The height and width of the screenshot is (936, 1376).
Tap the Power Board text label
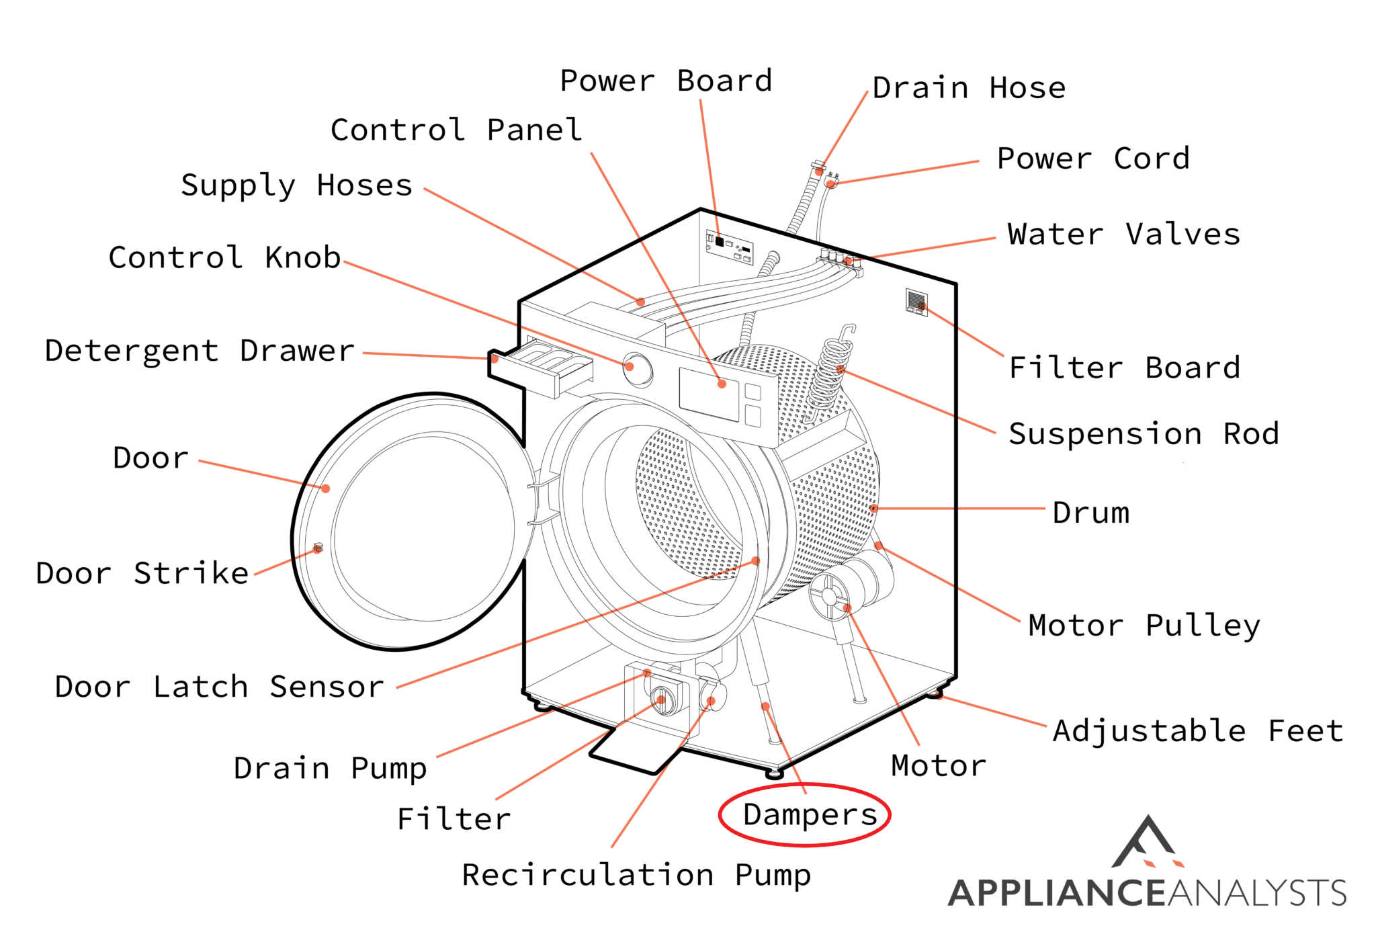click(666, 81)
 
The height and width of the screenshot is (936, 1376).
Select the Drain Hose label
click(969, 89)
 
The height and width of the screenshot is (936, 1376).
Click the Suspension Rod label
click(1144, 434)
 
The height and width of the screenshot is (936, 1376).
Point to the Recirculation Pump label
click(636, 876)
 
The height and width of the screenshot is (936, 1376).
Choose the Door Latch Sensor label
click(219, 687)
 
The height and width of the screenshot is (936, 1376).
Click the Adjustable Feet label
click(1198, 731)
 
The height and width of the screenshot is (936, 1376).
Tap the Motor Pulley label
click(1144, 626)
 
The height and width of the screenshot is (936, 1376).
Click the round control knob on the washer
click(636, 368)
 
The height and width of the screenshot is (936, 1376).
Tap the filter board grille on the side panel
click(916, 302)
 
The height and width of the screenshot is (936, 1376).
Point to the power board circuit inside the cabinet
click(729, 246)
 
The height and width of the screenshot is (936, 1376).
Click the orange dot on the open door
click(325, 488)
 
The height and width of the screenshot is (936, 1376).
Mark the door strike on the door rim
click(318, 548)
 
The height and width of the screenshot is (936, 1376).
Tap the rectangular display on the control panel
click(709, 394)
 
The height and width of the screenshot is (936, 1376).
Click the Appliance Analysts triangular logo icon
click(1147, 843)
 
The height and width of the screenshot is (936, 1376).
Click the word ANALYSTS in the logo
click(1257, 893)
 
